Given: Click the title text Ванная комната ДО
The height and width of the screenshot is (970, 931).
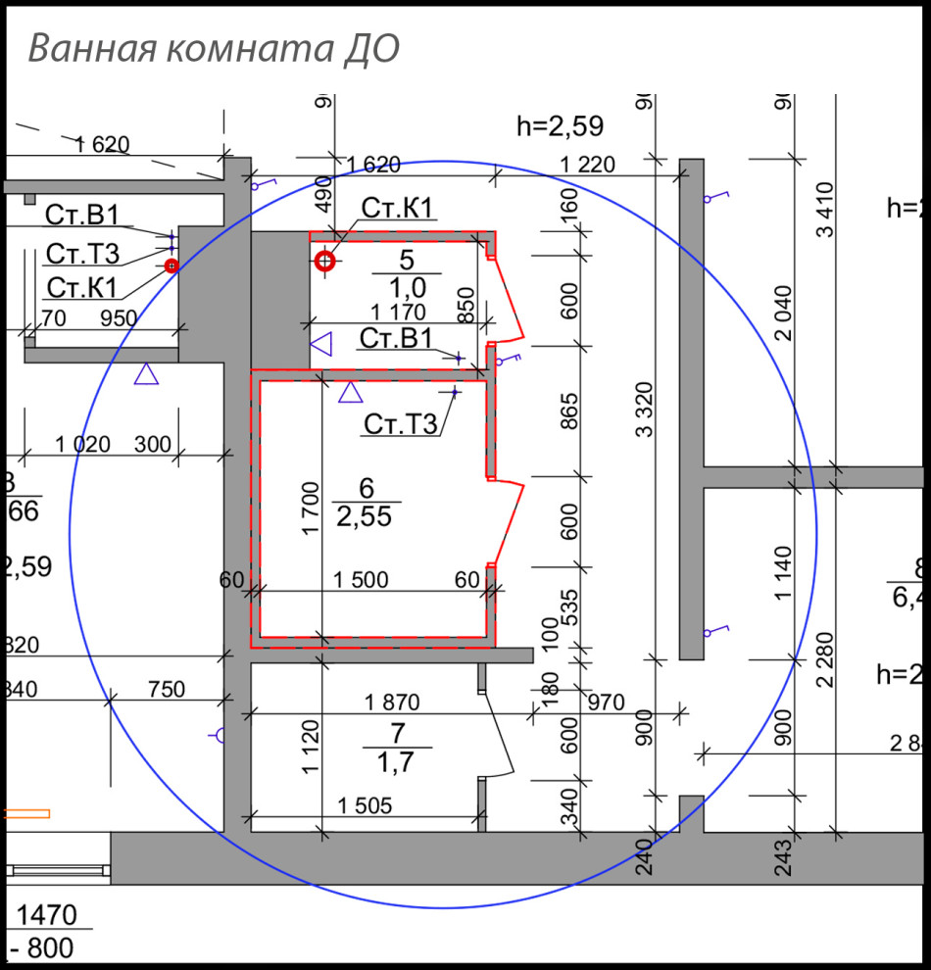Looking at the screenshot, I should [214, 48].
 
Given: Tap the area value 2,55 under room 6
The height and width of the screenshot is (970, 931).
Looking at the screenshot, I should [364, 515].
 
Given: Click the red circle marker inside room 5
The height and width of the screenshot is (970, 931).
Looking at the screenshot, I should [325, 261].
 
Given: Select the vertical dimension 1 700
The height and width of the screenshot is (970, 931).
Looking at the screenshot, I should [309, 508].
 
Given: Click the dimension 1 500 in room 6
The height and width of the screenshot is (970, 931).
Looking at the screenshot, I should [361, 579].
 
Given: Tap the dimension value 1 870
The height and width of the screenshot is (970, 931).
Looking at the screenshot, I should [392, 702].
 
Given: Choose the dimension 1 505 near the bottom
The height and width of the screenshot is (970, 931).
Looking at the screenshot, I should [365, 805].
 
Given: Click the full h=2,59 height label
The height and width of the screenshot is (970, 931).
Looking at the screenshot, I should [560, 125].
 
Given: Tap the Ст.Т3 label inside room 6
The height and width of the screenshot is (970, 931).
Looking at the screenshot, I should [399, 423].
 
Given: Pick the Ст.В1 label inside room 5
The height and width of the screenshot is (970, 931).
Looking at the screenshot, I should [395, 339].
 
